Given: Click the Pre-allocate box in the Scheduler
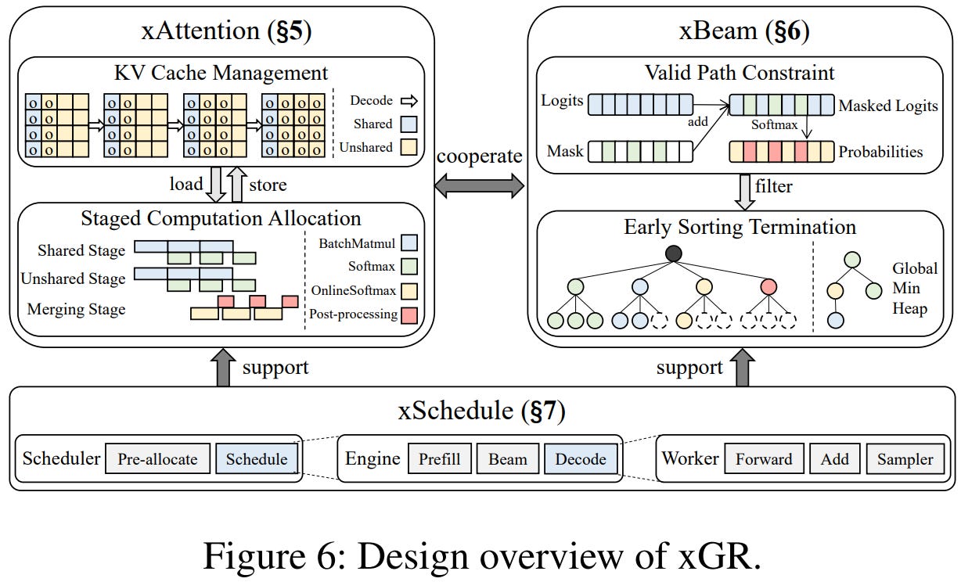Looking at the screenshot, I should [157, 458].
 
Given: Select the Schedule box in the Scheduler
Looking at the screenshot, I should [256, 458].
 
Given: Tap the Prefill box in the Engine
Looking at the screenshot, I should [439, 458].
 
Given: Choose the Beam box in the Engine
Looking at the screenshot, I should [508, 458].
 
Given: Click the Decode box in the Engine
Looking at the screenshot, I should [580, 458].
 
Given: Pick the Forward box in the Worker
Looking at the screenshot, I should [764, 458].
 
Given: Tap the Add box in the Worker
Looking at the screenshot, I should [834, 458].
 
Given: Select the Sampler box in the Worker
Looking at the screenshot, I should [905, 458].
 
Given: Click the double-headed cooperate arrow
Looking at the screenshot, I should [480, 185].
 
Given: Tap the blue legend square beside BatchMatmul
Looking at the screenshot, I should [408, 243].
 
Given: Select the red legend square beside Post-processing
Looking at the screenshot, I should [408, 314].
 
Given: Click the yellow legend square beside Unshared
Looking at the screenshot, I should [408, 147].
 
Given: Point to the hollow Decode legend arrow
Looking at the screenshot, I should [409, 100].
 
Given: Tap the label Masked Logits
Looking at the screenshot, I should [887, 106].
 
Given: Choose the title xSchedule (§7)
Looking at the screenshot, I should [480, 410].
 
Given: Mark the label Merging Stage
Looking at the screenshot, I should [76, 310].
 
